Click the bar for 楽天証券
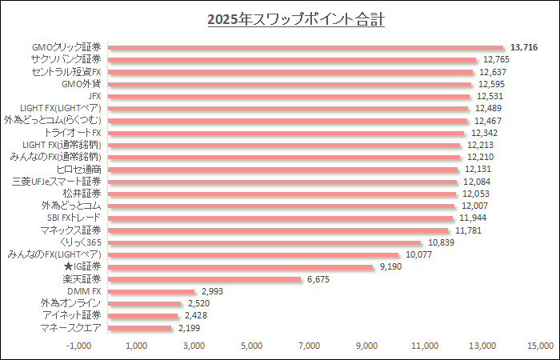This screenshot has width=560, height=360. click(204, 279)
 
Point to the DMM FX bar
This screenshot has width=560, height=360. click(151, 291)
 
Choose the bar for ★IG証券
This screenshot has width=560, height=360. click(240, 266)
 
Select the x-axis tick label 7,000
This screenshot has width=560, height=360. click(309, 346)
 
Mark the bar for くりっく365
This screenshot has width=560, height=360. click(264, 242)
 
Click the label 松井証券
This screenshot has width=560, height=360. click(82, 194)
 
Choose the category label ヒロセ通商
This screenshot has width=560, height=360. click(79, 170)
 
